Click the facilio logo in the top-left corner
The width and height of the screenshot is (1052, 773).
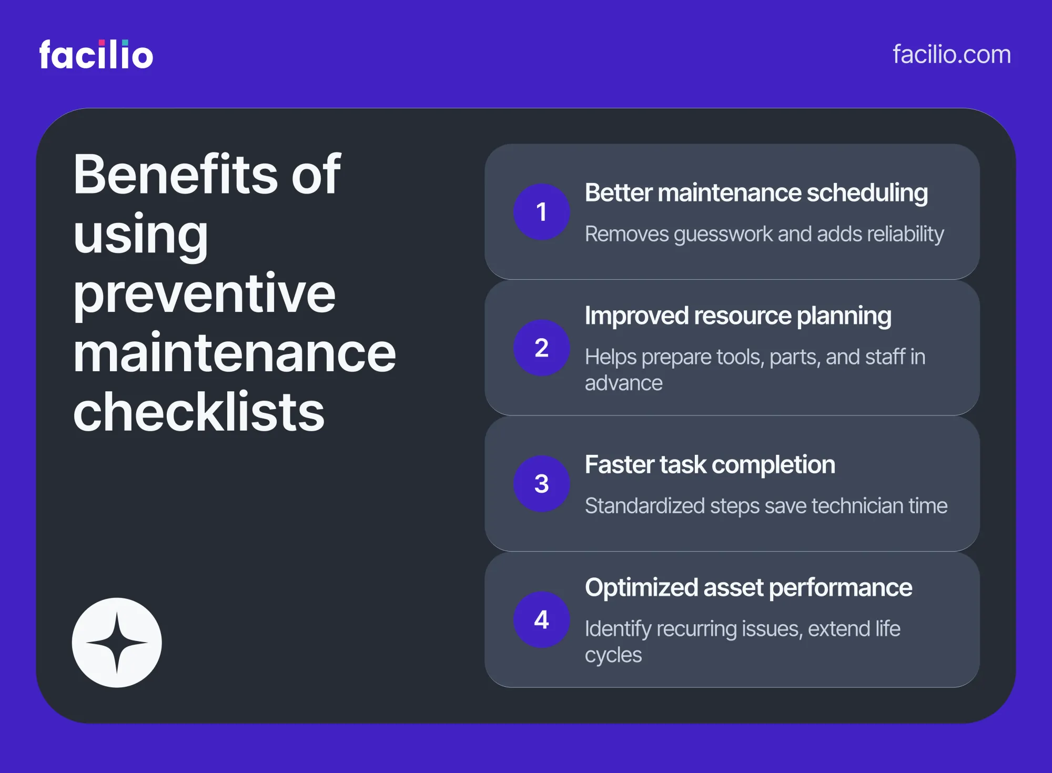[96, 54]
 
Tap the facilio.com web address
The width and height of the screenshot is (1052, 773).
[952, 55]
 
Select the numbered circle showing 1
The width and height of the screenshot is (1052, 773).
[541, 212]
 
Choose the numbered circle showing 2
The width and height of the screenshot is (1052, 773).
[541, 348]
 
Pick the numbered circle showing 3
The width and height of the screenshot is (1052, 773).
[541, 484]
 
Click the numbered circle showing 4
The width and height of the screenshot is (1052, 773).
[541, 619]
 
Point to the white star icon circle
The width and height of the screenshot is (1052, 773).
[117, 643]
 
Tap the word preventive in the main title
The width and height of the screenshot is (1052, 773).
[204, 294]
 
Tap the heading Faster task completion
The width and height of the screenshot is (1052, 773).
[710, 465]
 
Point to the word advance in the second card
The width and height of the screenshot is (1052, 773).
[624, 383]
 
